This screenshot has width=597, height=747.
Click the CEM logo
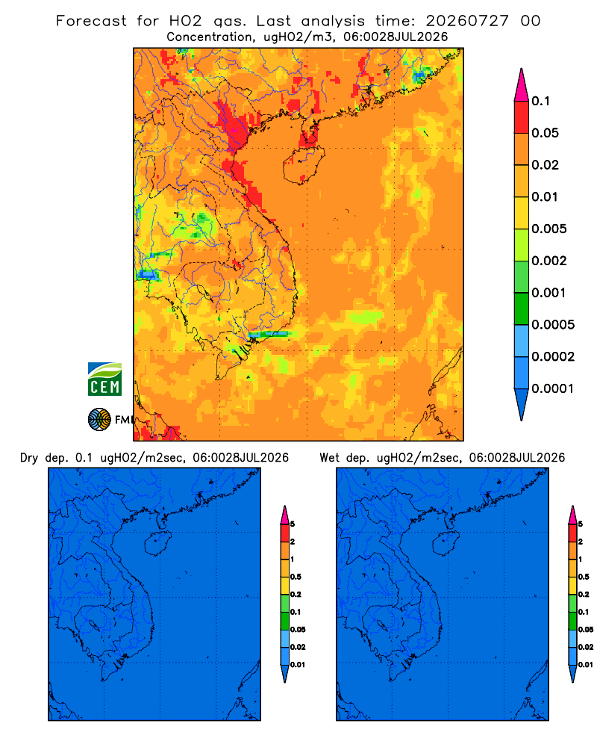coord(104,379)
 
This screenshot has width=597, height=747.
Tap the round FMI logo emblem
coord(99,420)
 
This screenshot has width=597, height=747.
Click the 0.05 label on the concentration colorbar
coord(545,133)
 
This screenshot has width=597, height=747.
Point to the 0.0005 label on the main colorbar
coord(553,324)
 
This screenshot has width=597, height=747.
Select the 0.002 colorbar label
coord(549,261)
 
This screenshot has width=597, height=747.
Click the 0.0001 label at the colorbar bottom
coord(553,388)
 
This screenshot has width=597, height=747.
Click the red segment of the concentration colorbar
coord(522,117)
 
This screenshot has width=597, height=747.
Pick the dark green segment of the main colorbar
coord(522,309)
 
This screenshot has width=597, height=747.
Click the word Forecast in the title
coord(91,21)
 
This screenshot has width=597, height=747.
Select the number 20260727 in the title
coord(467,21)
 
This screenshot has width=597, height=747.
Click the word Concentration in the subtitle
coord(209,37)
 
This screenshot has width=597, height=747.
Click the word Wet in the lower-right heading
coord(329,458)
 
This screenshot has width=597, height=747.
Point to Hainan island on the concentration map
coord(304,165)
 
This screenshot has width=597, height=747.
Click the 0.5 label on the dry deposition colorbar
coord(296,577)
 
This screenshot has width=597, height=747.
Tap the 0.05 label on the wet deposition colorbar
coord(586,629)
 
